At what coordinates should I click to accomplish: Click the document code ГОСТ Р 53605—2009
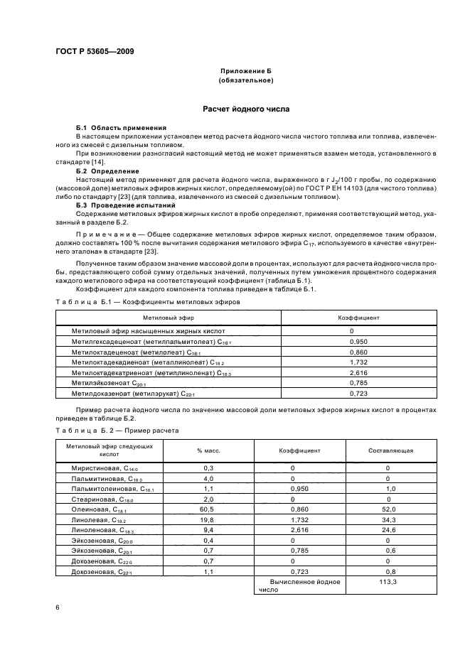click(94, 51)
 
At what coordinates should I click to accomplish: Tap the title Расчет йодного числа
click(246, 109)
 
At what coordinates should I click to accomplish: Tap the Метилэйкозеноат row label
click(107, 382)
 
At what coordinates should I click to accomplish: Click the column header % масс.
click(208, 450)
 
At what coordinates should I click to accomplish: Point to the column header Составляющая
click(391, 450)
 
